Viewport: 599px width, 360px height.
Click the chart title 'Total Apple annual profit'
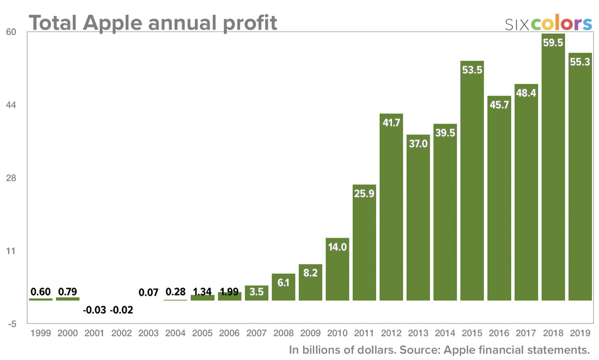153,22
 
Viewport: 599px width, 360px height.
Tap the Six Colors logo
548,24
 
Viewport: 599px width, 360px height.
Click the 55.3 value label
580,62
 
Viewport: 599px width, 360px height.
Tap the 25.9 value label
364,193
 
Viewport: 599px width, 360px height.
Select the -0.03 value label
95,310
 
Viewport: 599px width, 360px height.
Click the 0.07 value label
148,292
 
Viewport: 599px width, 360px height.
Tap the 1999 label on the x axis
41,333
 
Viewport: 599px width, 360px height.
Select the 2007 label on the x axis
256,333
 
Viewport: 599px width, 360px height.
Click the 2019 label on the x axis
580,333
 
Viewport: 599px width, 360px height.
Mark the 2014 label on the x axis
445,333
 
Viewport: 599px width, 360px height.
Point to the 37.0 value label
418,143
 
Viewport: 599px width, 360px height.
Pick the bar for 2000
67,299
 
